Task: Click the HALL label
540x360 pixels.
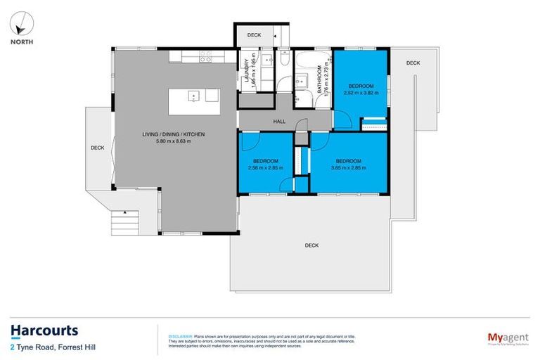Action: [279, 122]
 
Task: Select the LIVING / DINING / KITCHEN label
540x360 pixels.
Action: [164, 134]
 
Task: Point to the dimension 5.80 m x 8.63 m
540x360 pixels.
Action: [164, 141]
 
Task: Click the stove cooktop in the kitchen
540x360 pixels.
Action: [205, 59]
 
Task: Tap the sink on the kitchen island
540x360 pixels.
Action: [194, 96]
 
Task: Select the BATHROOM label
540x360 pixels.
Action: [319, 79]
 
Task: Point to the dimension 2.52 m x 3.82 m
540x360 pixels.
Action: [359, 92]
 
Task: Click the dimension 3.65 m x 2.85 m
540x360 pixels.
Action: [349, 167]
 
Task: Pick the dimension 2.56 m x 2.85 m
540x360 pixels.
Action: [266, 167]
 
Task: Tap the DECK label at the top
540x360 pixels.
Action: [254, 34]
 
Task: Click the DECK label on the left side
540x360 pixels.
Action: [97, 148]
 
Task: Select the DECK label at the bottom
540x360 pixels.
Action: [312, 245]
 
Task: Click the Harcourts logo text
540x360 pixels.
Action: [44, 330]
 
